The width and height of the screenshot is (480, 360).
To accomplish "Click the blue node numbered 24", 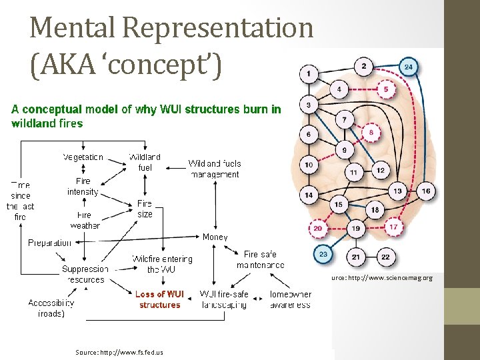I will [409, 67].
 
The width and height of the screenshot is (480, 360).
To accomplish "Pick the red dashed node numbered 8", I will [372, 133].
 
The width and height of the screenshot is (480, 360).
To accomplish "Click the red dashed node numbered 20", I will [318, 228].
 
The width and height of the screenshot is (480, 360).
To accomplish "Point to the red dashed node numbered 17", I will [393, 227].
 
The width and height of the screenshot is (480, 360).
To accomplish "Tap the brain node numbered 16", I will [425, 192].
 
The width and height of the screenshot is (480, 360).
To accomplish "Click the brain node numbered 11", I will [354, 173].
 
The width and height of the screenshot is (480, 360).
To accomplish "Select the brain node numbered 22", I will [385, 257].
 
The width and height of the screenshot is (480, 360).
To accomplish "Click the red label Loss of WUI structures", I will [159, 299].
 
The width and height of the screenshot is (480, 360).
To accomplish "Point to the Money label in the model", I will [215, 237].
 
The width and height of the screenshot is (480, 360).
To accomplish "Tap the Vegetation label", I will [83, 157].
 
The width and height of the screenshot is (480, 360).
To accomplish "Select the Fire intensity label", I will [83, 186].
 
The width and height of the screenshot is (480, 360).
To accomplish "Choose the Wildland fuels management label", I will [213, 169].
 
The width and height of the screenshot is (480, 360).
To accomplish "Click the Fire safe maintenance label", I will [260, 259].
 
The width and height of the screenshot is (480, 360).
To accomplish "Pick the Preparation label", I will [49, 243].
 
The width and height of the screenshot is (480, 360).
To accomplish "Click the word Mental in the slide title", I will [75, 28].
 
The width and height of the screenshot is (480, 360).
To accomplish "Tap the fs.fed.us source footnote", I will [119, 351].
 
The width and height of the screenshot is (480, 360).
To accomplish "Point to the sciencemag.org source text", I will [381, 277].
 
